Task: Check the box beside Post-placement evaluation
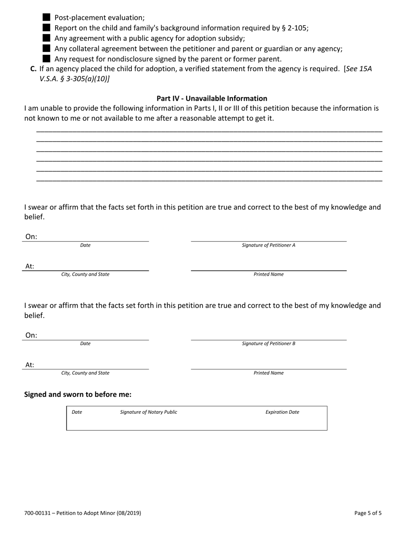coord(47,17)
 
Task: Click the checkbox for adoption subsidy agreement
coord(47,38)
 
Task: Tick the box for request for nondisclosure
coord(47,59)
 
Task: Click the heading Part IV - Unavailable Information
coord(212,99)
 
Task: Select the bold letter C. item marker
coord(33,69)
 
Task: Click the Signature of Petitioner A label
coord(268,245)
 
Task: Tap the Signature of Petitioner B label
coord(268,343)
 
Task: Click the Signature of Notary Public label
coord(148,412)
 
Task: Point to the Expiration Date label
coord(282,412)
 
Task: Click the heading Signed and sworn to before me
coord(78,395)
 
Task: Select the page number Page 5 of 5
coord(368,513)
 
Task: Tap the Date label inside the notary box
coord(77,412)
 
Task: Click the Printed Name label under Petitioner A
coord(268,274)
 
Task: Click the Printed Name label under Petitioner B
coord(268,373)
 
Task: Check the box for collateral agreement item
coord(47,49)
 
